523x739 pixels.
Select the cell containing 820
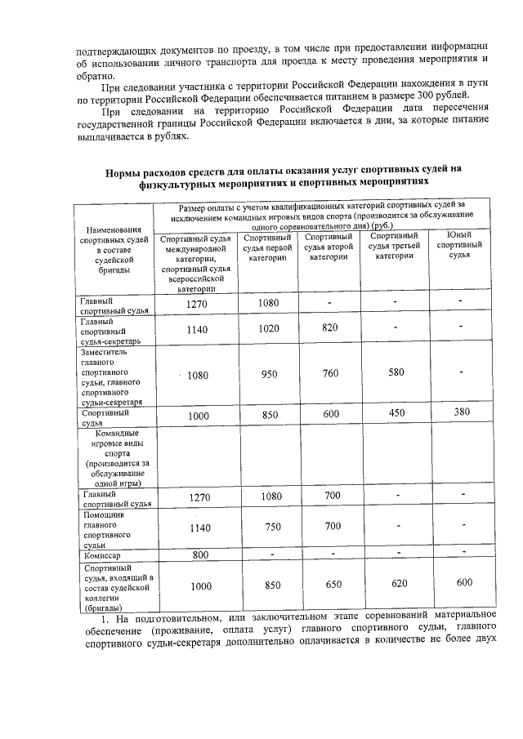point(330,328)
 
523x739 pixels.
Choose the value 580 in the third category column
point(396,373)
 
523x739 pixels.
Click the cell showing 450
point(396,413)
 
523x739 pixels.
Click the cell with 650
point(333,585)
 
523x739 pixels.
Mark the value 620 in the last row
point(398,583)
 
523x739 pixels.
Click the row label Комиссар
point(100,555)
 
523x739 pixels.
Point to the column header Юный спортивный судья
point(462,245)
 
